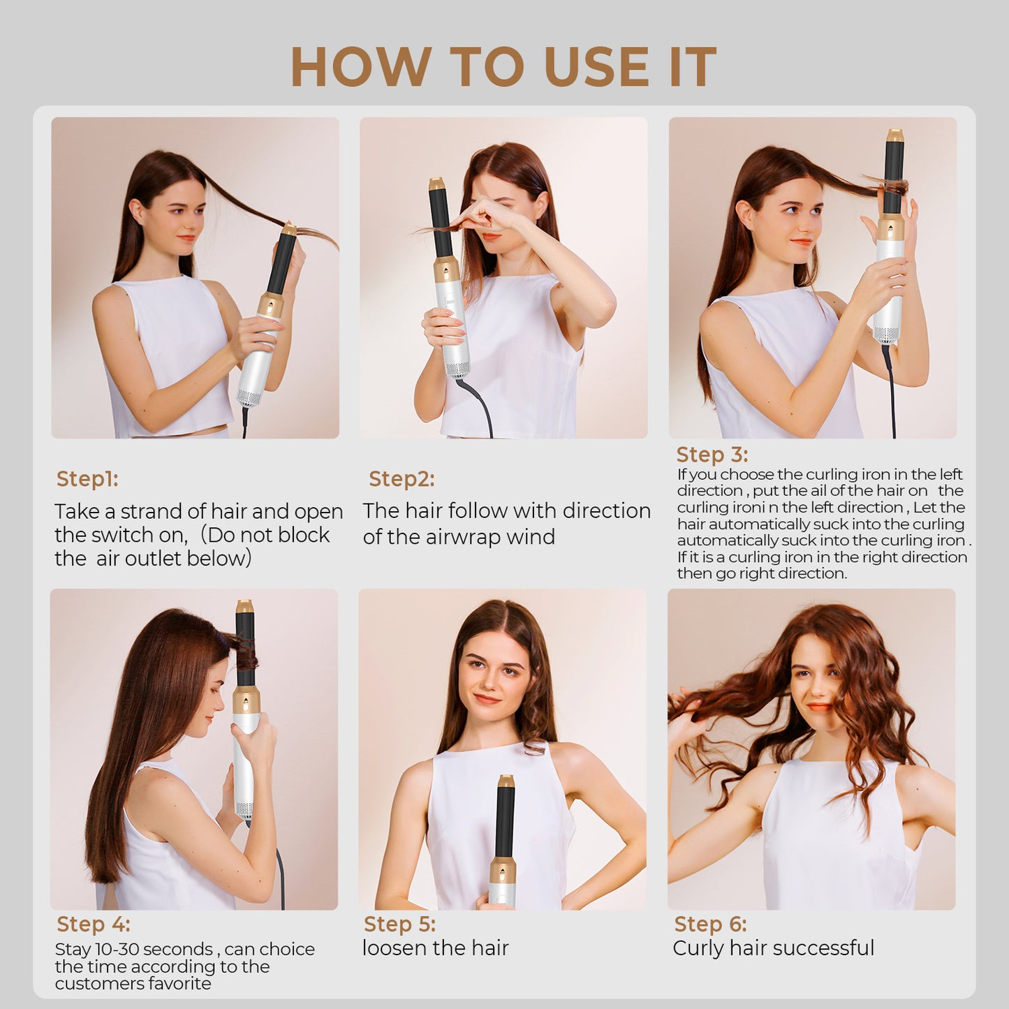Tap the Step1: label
pyautogui.click(x=87, y=479)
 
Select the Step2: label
pyautogui.click(x=402, y=479)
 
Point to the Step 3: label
pyautogui.click(x=712, y=455)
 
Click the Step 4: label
pyautogui.click(x=93, y=924)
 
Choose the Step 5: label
pyautogui.click(x=399, y=924)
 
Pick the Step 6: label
pyautogui.click(x=710, y=924)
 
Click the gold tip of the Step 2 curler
pyautogui.click(x=437, y=184)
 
